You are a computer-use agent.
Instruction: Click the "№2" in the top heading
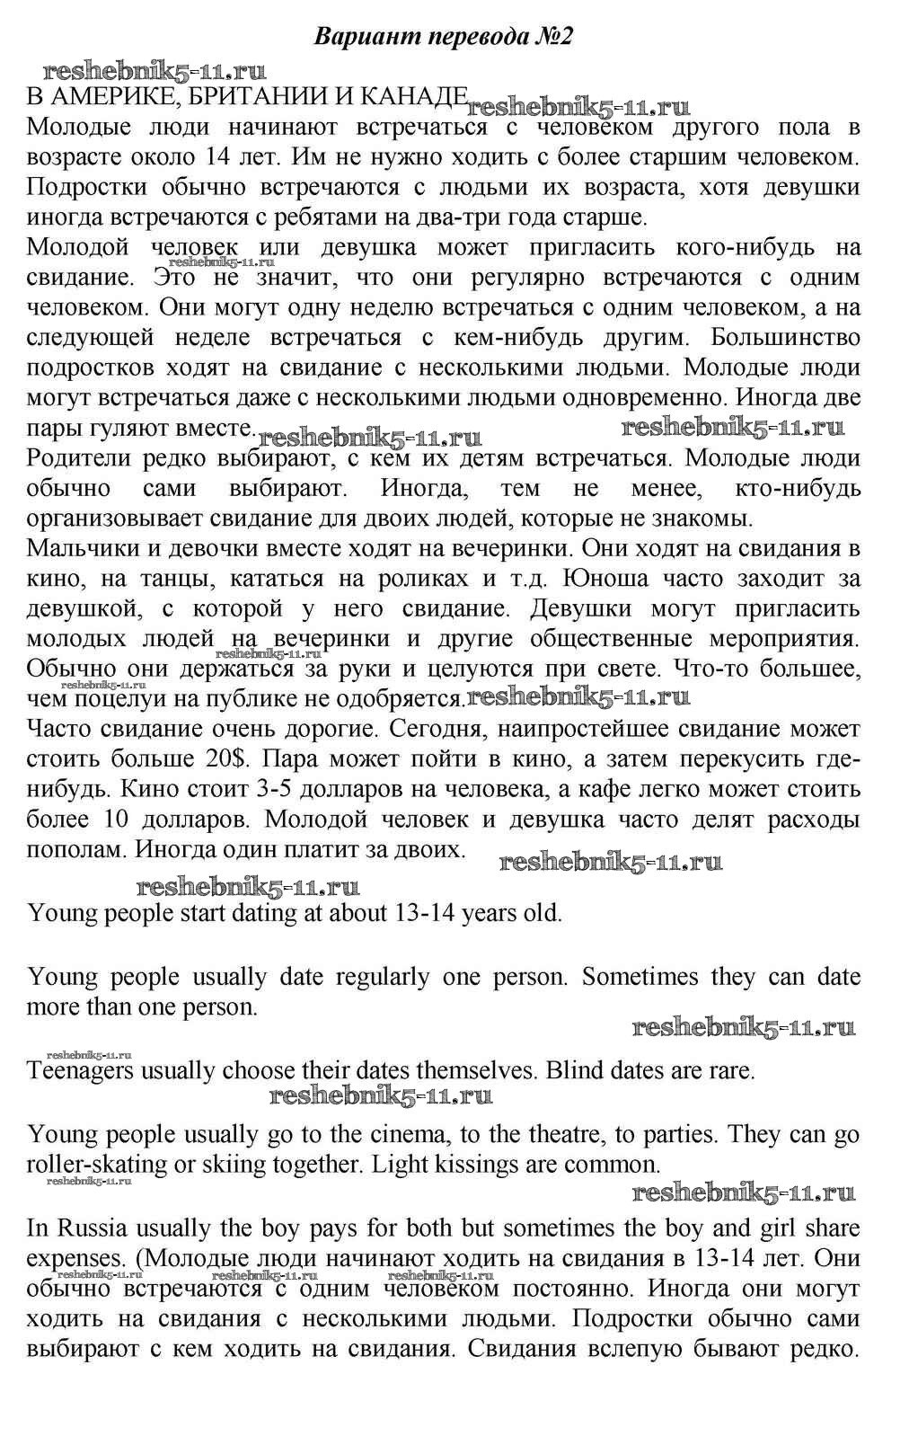click(x=550, y=37)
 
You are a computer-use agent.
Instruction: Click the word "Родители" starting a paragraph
click(x=77, y=458)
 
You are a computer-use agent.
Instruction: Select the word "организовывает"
click(x=119, y=519)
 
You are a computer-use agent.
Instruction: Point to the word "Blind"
click(x=574, y=1071)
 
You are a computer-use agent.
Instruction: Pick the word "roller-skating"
click(x=98, y=1165)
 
